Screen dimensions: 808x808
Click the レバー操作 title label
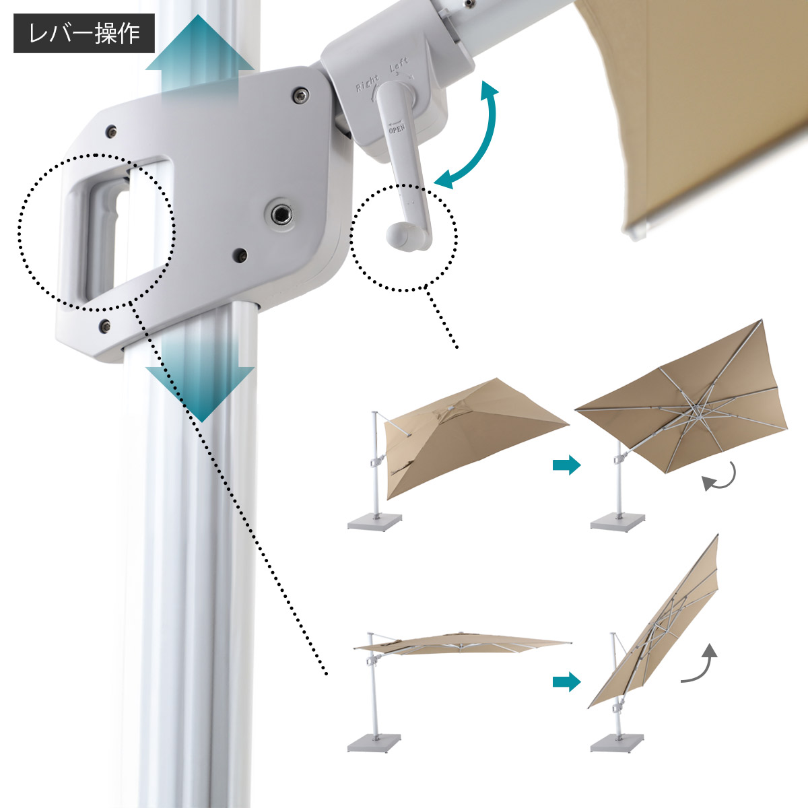pos(84,34)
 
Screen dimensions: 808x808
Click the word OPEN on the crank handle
pos(396,127)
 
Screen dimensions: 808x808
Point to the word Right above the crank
pos(368,83)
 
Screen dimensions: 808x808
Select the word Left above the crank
pos(399,65)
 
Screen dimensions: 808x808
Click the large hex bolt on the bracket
pos(279,215)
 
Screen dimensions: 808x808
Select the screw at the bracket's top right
pos(300,96)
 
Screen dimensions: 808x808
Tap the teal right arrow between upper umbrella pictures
pos(566,465)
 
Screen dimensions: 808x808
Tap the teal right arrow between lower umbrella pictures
pos(566,682)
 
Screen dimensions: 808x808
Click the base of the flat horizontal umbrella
pos(374,743)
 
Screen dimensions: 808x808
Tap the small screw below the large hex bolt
pos(240,255)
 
